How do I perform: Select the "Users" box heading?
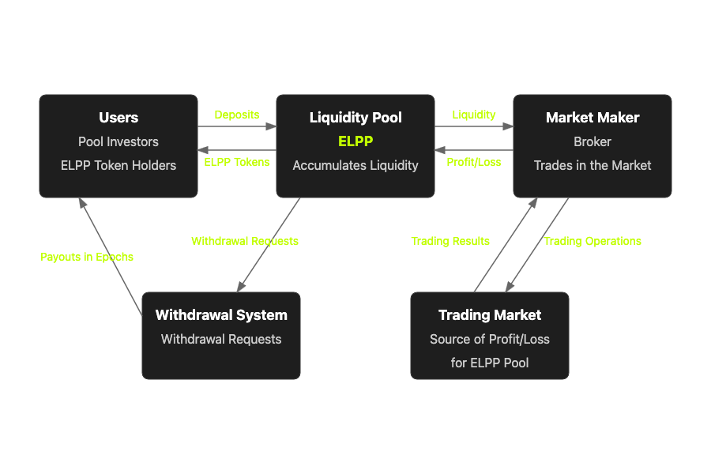point(118,118)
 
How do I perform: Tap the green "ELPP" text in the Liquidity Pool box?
point(355,141)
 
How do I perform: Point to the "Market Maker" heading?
point(592,118)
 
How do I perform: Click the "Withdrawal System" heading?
point(221,315)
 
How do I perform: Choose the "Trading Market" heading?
point(490,315)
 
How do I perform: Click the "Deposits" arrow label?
point(237,115)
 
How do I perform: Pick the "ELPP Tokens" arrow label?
point(237,162)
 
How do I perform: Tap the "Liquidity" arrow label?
point(474,115)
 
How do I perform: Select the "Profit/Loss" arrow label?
point(474,162)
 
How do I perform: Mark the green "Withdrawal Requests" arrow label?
point(245,241)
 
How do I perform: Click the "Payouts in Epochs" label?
point(87,257)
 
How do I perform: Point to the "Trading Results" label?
point(450,241)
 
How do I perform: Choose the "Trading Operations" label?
point(592,241)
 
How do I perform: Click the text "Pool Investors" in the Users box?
point(118,141)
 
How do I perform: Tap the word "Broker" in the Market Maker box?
point(592,141)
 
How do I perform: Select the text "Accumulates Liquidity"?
point(355,165)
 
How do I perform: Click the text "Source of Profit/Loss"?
point(490,339)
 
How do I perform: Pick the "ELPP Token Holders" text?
point(118,165)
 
